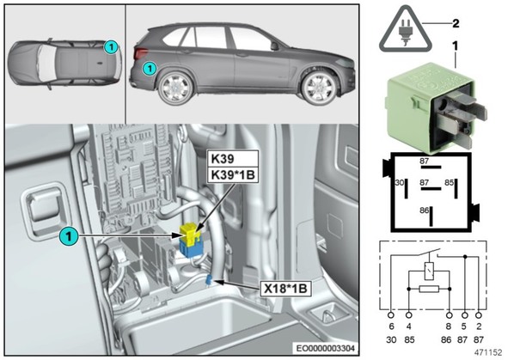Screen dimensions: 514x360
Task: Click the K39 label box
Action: (x=232, y=159)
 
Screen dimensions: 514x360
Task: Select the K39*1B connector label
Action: (x=233, y=175)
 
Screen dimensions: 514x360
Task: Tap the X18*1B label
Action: (x=285, y=289)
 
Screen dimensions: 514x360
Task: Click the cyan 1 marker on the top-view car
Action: (x=111, y=47)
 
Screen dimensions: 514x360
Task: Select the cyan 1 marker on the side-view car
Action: (x=150, y=69)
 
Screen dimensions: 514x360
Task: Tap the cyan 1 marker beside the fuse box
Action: (x=69, y=236)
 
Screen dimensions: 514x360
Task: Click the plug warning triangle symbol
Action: (x=406, y=31)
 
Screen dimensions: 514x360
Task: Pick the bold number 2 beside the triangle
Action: (x=456, y=23)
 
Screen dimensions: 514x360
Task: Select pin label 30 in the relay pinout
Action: (x=400, y=182)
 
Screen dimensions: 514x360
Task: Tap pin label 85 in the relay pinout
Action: (x=449, y=182)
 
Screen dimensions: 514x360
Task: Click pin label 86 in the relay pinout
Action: (x=425, y=211)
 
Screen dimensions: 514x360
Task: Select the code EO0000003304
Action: (x=325, y=348)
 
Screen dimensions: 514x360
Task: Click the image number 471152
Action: (x=488, y=352)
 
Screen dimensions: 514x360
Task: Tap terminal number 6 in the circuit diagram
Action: (x=391, y=326)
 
